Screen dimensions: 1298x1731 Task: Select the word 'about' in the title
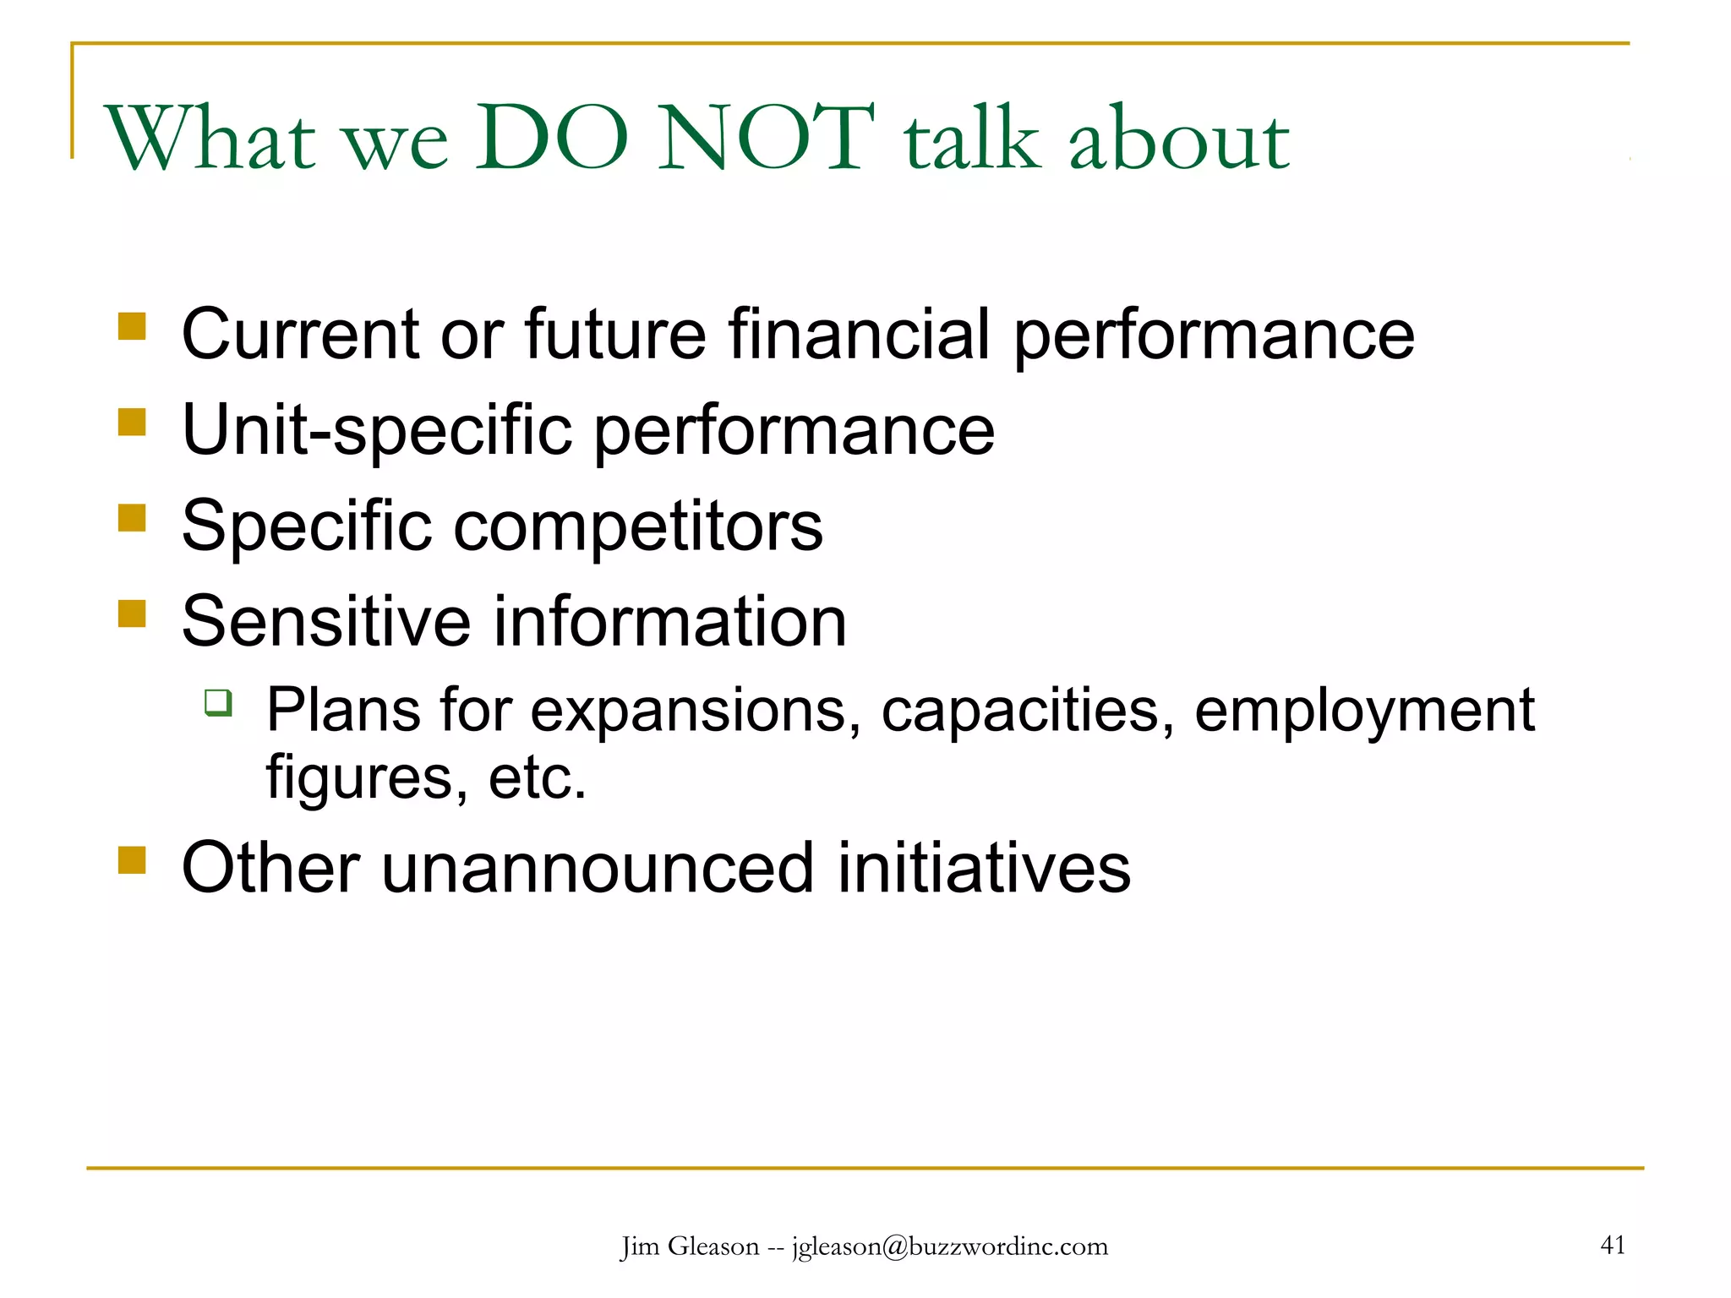pos(1178,139)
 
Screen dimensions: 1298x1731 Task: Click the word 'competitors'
pos(638,526)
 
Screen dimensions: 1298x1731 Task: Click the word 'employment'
pos(1363,712)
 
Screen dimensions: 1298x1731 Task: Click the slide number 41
pos(1613,1245)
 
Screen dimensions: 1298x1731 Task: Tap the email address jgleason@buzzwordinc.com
pos(949,1246)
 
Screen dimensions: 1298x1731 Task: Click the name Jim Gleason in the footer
pos(690,1246)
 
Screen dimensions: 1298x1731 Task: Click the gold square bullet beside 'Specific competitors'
pos(132,517)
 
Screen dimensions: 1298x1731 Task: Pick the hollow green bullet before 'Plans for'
pos(218,702)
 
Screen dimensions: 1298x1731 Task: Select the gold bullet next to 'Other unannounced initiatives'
pos(132,860)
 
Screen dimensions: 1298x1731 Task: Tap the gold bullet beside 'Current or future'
pos(132,326)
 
